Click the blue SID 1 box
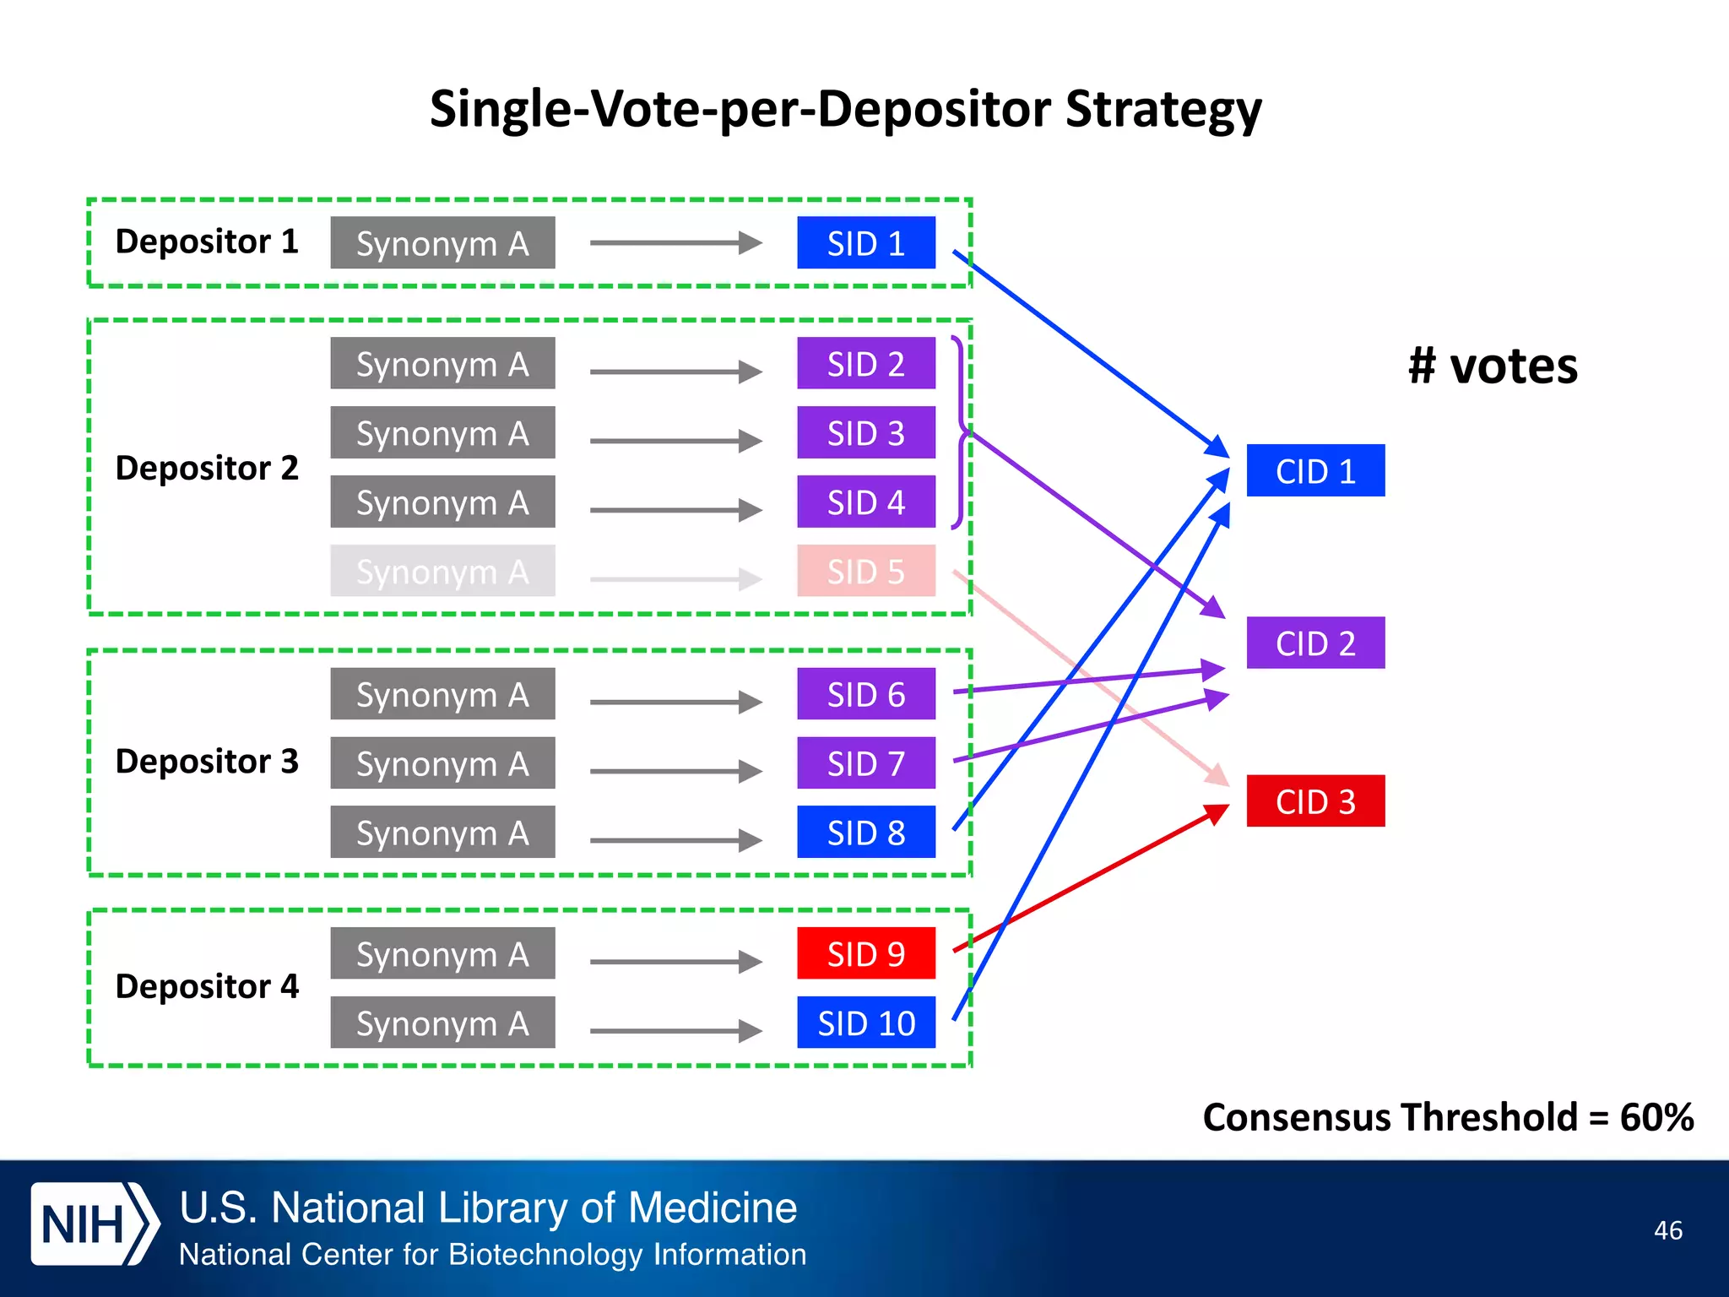pyautogui.click(x=865, y=243)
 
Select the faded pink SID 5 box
pyautogui.click(x=865, y=571)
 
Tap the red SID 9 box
pyautogui.click(x=865, y=953)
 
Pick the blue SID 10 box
pyautogui.click(x=865, y=1023)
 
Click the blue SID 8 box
pyautogui.click(x=865, y=833)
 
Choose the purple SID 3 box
pyautogui.click(x=865, y=433)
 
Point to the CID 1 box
pyautogui.click(x=1314, y=470)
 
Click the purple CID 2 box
pyautogui.click(x=1314, y=643)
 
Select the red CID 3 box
pyautogui.click(x=1314, y=800)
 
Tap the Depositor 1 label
pyautogui.click(x=207, y=241)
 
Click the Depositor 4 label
pyautogui.click(x=207, y=986)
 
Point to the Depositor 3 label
pyautogui.click(x=207, y=761)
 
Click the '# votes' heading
pyautogui.click(x=1493, y=366)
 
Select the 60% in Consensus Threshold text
pyautogui.click(x=1656, y=1117)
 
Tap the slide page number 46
pyautogui.click(x=1667, y=1230)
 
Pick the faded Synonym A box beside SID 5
pyautogui.click(x=442, y=571)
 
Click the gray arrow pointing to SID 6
pyautogui.click(x=675, y=702)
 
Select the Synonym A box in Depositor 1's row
pyautogui.click(x=442, y=243)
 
